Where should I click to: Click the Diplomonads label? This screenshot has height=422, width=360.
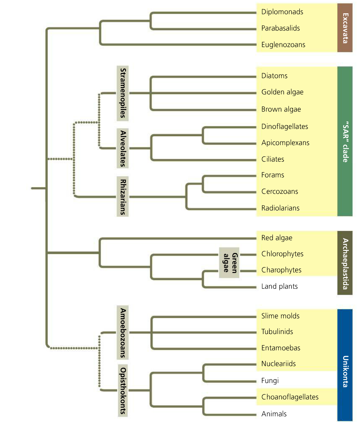pyautogui.click(x=282, y=12)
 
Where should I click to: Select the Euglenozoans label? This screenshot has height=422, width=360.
pyautogui.click(x=283, y=45)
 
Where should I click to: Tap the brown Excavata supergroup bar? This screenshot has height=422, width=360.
pyautogui.click(x=345, y=28)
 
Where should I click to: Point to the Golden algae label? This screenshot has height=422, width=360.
pyautogui.click(x=282, y=92)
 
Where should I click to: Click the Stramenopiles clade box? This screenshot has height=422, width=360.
pyautogui.click(x=122, y=93)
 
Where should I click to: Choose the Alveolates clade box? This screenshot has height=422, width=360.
pyautogui.click(x=122, y=148)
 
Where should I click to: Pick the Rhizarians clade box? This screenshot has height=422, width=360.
pyautogui.click(x=122, y=197)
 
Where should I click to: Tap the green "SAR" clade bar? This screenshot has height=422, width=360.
pyautogui.click(x=345, y=141)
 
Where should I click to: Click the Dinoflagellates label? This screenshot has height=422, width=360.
pyautogui.click(x=285, y=127)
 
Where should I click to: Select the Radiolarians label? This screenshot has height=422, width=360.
pyautogui.click(x=280, y=208)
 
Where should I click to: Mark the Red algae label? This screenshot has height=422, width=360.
pyautogui.click(x=276, y=238)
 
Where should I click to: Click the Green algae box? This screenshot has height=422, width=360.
pyautogui.click(x=229, y=263)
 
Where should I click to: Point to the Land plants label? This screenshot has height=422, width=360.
pyautogui.click(x=279, y=286)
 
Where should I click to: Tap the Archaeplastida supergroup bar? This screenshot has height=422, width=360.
pyautogui.click(x=345, y=263)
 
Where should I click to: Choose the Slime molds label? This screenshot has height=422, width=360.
pyautogui.click(x=280, y=316)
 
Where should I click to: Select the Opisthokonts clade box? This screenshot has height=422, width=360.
pyautogui.click(x=122, y=390)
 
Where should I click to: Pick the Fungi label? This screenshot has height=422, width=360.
pyautogui.click(x=270, y=381)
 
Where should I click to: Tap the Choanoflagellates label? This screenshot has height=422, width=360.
pyautogui.click(x=290, y=397)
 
